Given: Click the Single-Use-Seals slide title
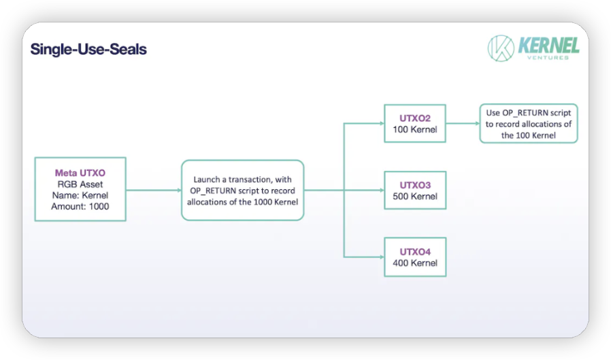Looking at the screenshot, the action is click(88, 50).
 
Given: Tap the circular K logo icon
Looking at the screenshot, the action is click(501, 48).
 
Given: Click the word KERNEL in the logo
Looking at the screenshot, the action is click(548, 46).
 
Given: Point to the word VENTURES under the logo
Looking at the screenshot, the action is click(548, 58).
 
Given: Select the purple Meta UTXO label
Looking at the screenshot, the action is click(80, 173).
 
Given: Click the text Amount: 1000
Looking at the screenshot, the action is click(80, 206).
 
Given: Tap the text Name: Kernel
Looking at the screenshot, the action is click(80, 195).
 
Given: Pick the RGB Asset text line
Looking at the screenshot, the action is click(80, 184).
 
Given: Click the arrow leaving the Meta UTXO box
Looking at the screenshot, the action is click(154, 190).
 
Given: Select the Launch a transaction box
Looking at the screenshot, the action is click(242, 190).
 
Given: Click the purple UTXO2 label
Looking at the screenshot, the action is click(415, 118).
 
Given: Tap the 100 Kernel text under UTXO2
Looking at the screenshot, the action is click(415, 129).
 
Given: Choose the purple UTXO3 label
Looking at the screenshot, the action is click(415, 185).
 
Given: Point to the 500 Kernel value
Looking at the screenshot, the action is click(415, 197).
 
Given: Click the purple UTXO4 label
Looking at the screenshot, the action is click(415, 252).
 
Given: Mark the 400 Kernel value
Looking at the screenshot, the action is click(415, 263).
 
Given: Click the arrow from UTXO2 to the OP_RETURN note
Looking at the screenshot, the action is click(463, 123).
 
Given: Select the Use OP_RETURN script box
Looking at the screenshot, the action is click(529, 123).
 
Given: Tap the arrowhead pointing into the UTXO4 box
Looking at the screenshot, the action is click(382, 257).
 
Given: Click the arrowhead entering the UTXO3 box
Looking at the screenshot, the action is click(382, 190).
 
